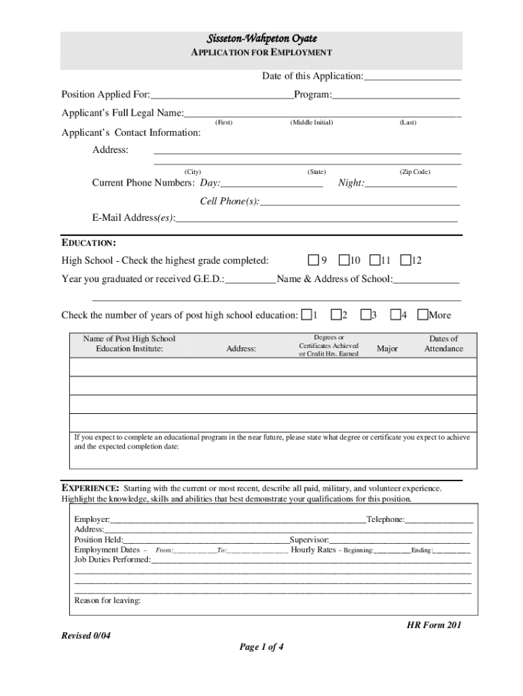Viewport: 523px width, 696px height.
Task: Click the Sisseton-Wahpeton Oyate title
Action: point(261,39)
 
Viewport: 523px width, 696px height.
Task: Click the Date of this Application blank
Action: point(412,77)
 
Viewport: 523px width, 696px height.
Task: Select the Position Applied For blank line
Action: point(222,94)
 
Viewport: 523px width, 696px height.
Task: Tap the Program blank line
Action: point(396,94)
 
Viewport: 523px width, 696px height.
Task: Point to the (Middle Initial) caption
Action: point(311,122)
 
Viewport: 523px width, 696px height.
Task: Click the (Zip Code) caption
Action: point(415,172)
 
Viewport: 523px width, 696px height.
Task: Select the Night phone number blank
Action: point(410,184)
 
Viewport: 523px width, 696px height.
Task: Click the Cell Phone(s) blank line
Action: point(360,202)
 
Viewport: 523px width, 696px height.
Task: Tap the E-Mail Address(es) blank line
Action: point(316,218)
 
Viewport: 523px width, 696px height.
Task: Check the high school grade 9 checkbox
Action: point(313,260)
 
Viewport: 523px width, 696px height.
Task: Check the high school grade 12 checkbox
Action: point(405,260)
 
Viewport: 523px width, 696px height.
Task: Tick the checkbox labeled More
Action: point(423,314)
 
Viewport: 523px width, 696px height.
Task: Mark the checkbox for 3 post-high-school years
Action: point(366,314)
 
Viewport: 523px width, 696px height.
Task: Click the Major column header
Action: point(387,349)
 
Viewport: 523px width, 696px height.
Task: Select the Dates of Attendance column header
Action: point(444,344)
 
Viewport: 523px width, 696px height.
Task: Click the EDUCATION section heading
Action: point(88,243)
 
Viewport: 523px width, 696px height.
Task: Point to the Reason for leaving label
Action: point(107,601)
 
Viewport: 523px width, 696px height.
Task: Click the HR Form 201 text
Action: point(433,625)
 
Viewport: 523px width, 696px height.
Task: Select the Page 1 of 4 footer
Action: point(261,647)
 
